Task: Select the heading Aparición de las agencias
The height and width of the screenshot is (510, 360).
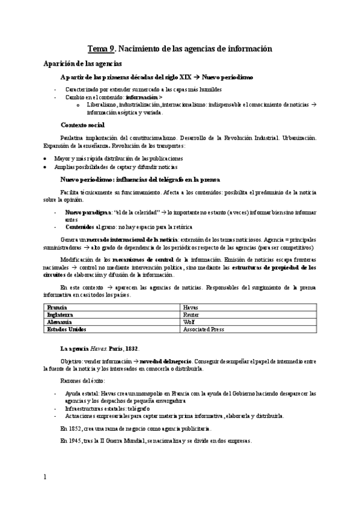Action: pos(79,63)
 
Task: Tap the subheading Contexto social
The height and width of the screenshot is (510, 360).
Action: pos(83,125)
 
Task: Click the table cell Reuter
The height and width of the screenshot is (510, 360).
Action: pos(192,314)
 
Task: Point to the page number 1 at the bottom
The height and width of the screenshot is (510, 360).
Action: pos(44,478)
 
